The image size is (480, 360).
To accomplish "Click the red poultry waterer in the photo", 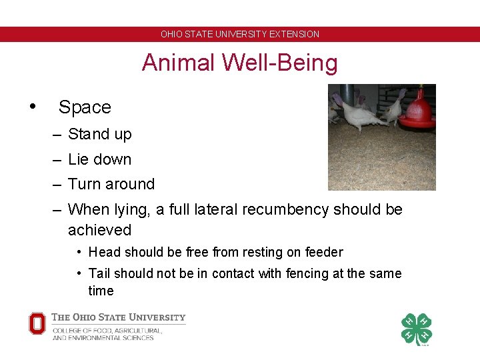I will [418, 111].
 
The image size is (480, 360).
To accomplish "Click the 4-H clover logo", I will [416, 329].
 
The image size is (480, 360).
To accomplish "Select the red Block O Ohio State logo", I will [37, 323].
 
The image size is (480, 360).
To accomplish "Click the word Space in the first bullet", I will [85, 107].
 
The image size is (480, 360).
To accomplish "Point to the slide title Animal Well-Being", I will [239, 63].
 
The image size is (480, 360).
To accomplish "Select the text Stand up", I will [99, 134].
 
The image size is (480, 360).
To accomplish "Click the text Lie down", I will [99, 159].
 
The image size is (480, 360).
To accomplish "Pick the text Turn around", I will [111, 184].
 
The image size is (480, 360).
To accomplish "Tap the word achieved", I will [99, 230].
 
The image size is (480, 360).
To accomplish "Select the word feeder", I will [323, 252].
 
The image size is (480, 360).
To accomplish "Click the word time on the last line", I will [101, 291].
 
